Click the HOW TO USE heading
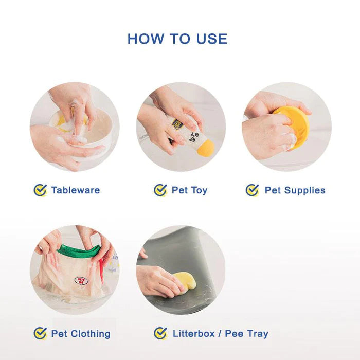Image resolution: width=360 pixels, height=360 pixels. [177, 39]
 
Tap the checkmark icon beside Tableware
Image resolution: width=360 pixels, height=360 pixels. [40, 190]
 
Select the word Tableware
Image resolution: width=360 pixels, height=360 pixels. [76, 190]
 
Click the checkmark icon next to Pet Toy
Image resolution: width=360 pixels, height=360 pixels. [160, 190]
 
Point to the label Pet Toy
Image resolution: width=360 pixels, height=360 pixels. [189, 190]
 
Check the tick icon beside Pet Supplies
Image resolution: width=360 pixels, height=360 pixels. [252, 190]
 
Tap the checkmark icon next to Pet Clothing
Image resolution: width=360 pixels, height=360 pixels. [40, 333]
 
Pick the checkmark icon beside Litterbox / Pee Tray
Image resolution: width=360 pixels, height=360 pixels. [160, 333]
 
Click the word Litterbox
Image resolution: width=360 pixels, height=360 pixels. [194, 333]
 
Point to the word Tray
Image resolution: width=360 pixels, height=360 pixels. [257, 333]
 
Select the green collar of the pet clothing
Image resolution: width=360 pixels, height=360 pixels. [77, 251]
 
